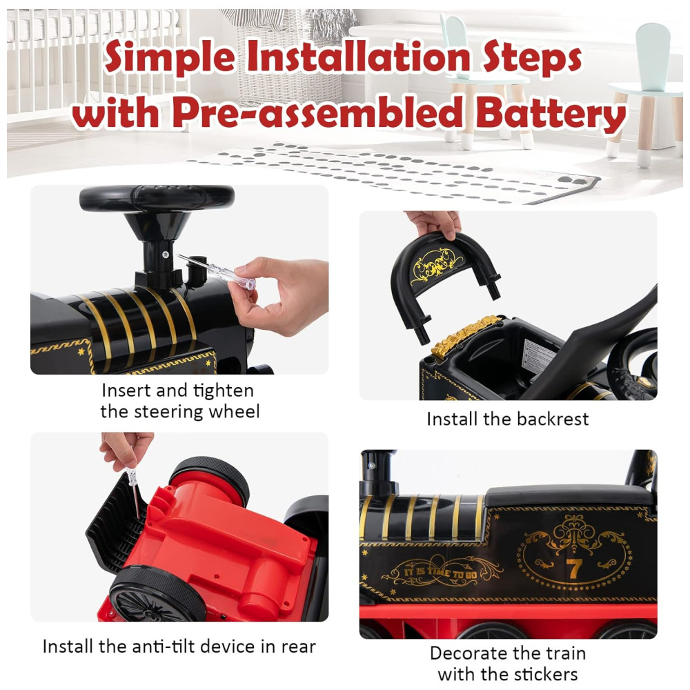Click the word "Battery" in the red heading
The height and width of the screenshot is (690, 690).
pos(551,113)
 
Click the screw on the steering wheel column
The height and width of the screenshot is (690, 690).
pos(166,255)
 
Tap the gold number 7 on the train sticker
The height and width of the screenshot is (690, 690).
pos(574,569)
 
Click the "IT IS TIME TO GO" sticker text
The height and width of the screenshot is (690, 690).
pos(441,573)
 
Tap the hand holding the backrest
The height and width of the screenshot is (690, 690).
pos(434,224)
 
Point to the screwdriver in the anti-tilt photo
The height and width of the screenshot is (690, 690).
pos(135,493)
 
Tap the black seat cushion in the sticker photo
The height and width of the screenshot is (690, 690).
pos(569,495)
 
